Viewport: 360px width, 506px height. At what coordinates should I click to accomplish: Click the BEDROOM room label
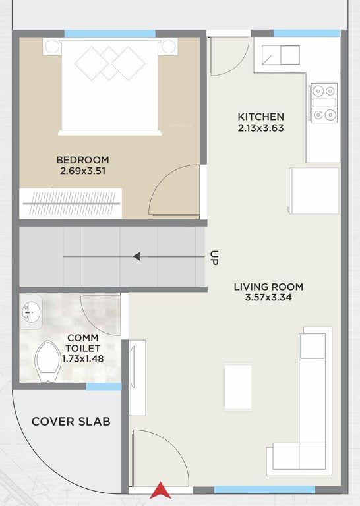[82, 159]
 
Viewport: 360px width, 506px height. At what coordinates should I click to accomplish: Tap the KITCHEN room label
[260, 117]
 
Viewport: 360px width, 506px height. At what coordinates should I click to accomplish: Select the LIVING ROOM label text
[268, 287]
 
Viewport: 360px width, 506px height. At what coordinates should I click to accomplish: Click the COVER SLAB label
[71, 422]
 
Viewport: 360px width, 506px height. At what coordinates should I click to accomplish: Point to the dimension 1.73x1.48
[83, 359]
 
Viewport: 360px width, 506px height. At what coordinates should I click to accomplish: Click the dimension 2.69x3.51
[82, 171]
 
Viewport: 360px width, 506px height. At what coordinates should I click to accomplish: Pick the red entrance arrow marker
[160, 491]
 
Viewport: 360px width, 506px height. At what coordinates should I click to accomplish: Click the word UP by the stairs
[214, 257]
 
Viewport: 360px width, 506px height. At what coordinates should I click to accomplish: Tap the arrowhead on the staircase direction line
[137, 256]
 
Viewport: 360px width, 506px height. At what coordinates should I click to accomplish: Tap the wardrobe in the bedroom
[71, 203]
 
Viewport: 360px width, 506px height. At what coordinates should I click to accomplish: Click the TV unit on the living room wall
[136, 378]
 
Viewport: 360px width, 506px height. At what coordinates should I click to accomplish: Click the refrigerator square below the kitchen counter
[315, 190]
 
